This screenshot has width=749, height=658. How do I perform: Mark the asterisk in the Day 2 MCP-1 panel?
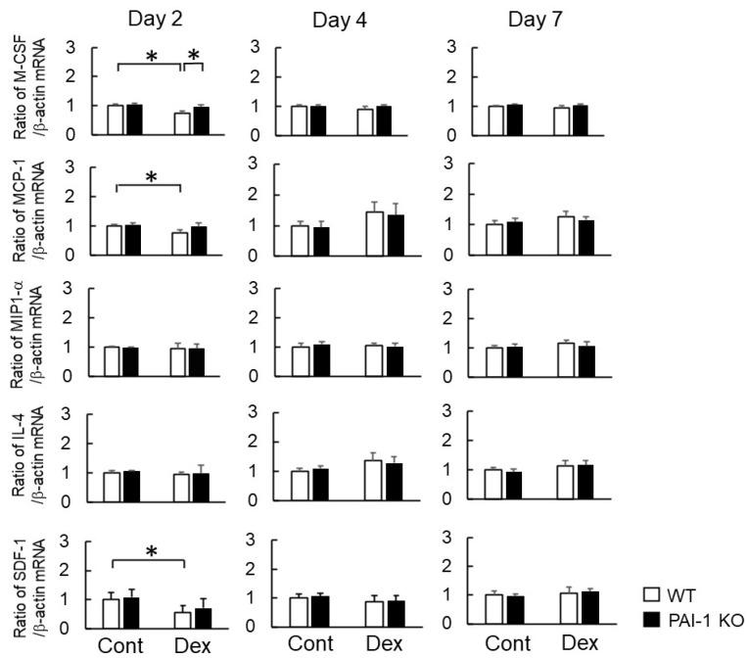pyautogui.click(x=151, y=176)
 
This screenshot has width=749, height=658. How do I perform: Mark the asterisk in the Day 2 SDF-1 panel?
pyautogui.click(x=151, y=552)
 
